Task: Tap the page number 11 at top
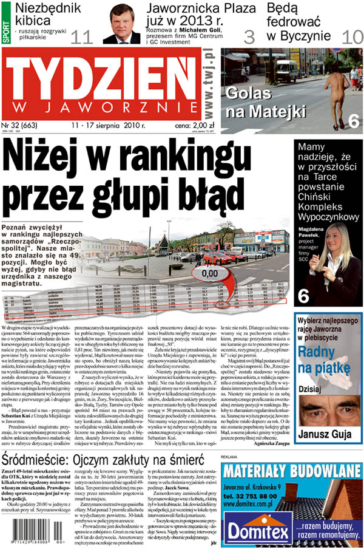(x=82, y=37)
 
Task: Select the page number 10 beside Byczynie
(x=352, y=36)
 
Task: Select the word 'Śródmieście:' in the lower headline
(x=39, y=457)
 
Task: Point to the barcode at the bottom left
(x=30, y=532)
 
